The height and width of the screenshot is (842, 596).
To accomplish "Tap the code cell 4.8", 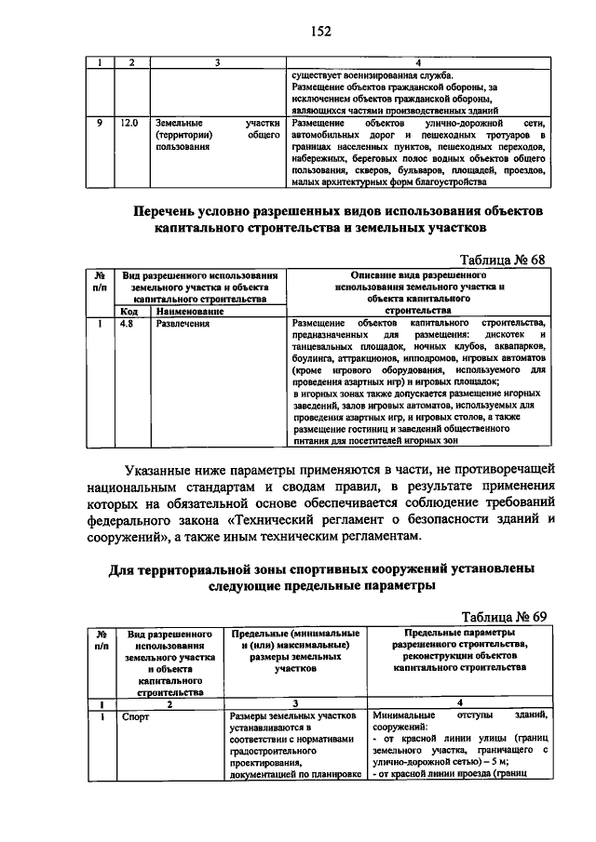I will coord(128,324).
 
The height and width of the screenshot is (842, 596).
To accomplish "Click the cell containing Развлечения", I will coord(183,324).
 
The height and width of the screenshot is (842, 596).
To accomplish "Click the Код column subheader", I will coord(128,311).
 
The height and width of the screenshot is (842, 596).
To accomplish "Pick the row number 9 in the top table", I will coord(100,123).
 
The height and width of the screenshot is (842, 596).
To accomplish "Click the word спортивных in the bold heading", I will coord(326,569).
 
